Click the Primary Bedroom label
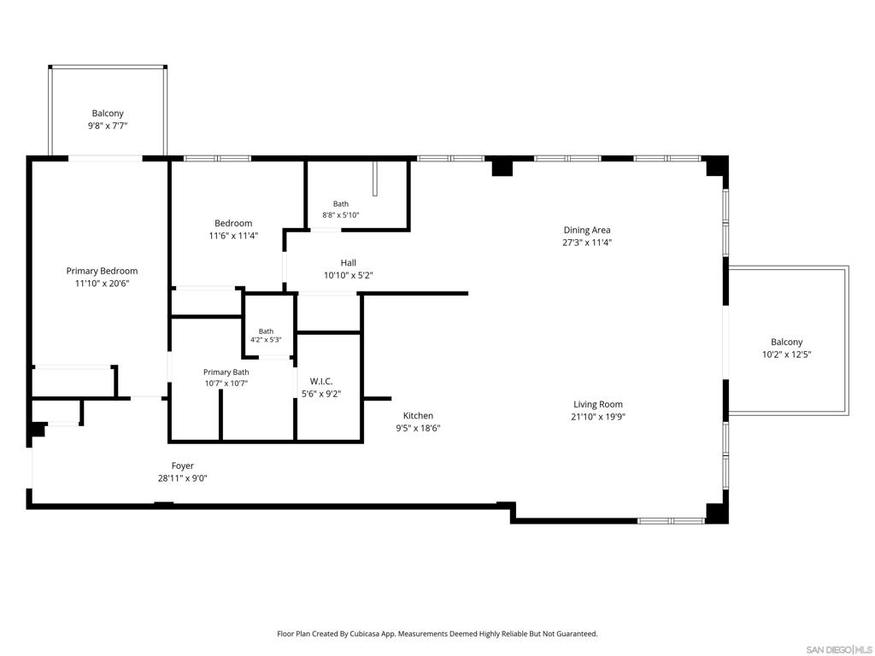[102, 271]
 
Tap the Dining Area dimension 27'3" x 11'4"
[587, 243]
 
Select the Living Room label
[597, 404]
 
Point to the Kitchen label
[418, 416]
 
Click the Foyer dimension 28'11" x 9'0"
[183, 478]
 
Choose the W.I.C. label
[321, 382]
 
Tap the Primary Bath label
[226, 372]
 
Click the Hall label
[349, 263]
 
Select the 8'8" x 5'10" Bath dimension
[340, 214]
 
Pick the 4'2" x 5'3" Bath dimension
[266, 340]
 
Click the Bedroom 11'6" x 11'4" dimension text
[233, 236]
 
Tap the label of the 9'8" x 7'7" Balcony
[108, 114]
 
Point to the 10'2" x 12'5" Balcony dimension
[786, 354]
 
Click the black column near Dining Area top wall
[502, 167]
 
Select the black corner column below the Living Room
[717, 513]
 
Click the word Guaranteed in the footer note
[578, 634]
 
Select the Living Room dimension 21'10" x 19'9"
[597, 417]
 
